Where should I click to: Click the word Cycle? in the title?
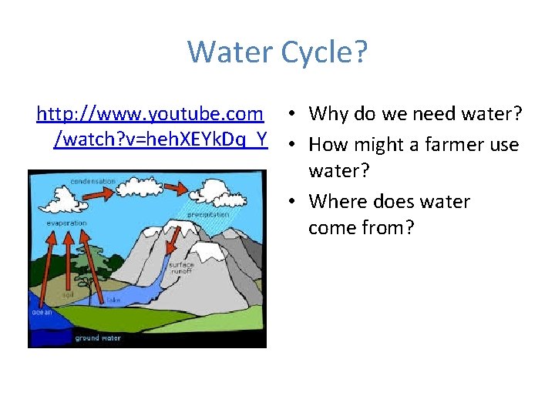tap(325, 52)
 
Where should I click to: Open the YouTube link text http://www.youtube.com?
tap(150, 114)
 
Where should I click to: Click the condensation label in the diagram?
tap(92, 181)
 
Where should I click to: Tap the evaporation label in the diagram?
tap(65, 223)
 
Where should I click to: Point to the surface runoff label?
tap(181, 267)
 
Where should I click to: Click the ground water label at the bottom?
tap(97, 338)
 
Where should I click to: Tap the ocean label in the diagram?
tap(42, 313)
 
